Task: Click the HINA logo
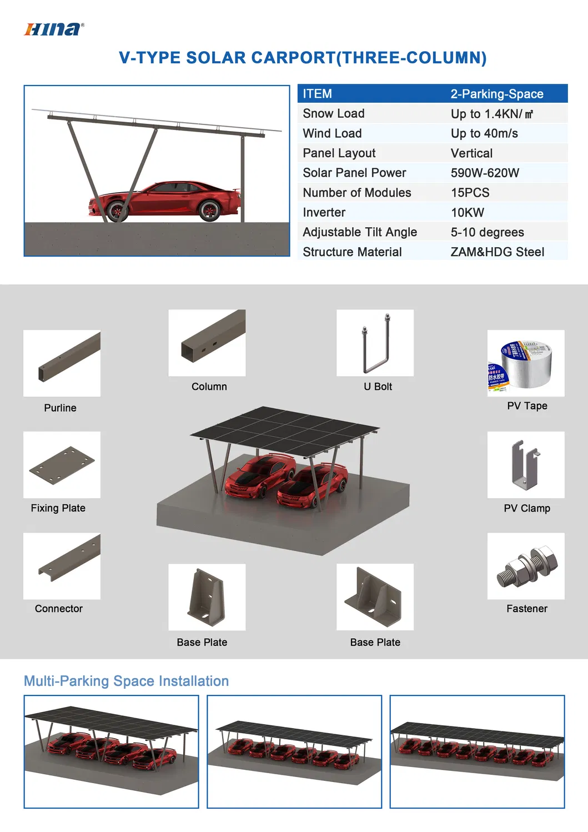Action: (54, 29)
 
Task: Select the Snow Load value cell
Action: (491, 114)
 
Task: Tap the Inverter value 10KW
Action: (467, 213)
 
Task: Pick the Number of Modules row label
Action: (356, 193)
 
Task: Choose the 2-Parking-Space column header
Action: (496, 94)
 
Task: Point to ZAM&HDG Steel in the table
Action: (497, 252)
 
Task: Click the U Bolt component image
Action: (375, 343)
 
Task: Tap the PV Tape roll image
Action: (526, 363)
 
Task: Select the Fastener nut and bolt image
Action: (526, 566)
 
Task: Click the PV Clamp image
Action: (526, 465)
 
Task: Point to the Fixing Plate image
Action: (62, 465)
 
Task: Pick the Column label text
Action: (209, 387)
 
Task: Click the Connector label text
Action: (58, 609)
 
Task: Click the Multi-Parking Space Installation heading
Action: (126, 681)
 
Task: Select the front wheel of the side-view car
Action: (117, 211)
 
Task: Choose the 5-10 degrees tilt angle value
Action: (487, 232)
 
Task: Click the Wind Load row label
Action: (332, 133)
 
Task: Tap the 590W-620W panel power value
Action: (485, 173)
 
